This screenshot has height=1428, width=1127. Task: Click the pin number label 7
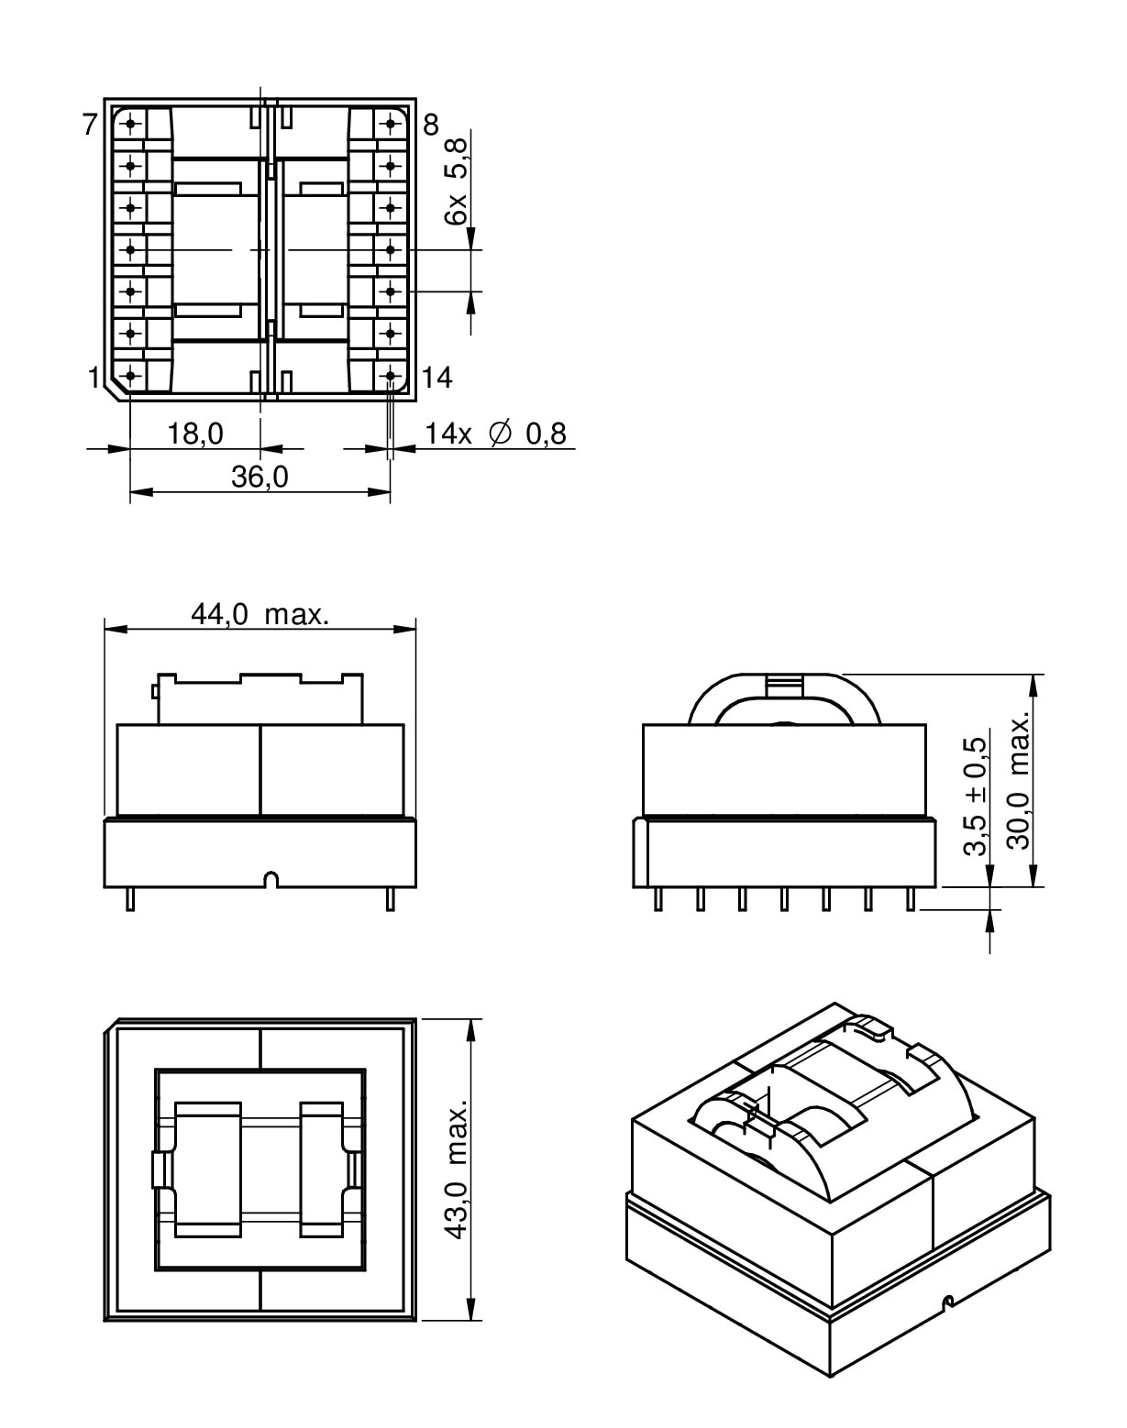89,125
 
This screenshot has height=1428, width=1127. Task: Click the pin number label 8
431,125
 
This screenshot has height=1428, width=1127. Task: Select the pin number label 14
437,378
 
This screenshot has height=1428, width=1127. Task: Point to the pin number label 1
94,378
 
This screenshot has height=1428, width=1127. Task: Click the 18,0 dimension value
194,434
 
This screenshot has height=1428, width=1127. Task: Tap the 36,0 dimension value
260,478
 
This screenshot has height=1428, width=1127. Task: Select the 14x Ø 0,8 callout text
495,434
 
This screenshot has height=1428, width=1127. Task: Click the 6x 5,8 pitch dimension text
456,179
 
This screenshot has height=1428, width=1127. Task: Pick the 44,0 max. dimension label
260,614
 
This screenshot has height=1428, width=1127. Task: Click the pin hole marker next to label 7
130,123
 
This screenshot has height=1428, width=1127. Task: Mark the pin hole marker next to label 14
391,376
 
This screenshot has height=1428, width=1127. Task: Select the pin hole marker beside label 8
391,123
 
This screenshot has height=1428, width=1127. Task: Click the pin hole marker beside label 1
130,376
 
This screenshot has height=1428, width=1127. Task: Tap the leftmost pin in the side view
658,899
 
